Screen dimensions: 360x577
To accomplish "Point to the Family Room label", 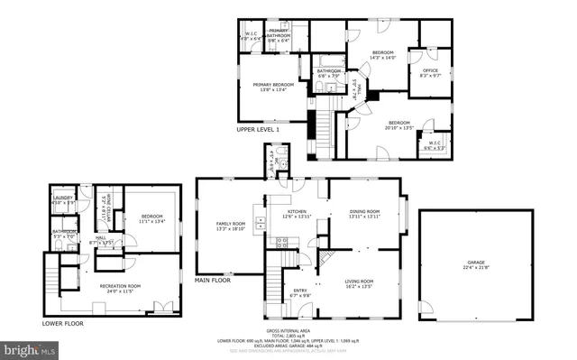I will click(x=230, y=225).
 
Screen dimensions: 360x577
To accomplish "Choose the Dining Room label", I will click(x=365, y=211).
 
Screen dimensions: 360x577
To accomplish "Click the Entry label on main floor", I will click(x=298, y=291).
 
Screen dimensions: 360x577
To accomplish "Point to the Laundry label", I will click(x=62, y=198).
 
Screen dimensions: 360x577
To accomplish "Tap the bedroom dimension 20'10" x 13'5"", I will click(x=400, y=128).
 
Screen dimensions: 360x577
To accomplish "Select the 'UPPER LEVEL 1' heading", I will click(x=258, y=130).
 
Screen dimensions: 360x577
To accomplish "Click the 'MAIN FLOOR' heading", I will click(x=213, y=281).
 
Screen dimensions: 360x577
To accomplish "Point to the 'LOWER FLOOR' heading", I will click(x=62, y=322).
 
